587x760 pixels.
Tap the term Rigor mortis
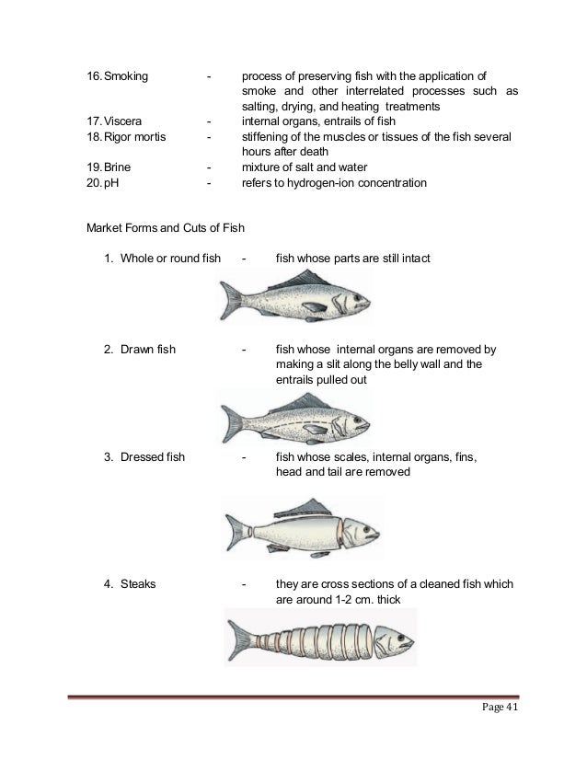point(136,136)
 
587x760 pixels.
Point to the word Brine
point(119,167)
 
